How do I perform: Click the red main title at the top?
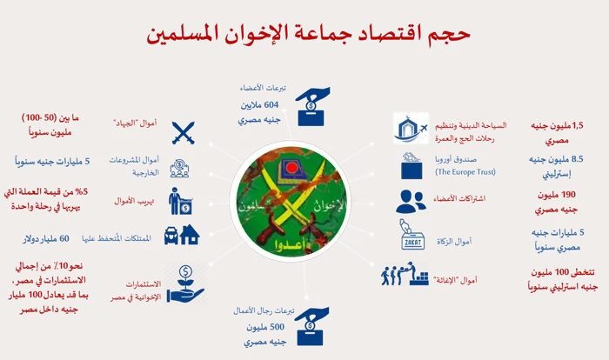point(308,34)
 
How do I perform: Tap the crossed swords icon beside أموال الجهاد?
point(183,133)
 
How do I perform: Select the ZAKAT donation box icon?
point(412,235)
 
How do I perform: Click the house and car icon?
point(182,235)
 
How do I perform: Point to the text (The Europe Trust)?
point(465,171)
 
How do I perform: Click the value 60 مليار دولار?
point(46,239)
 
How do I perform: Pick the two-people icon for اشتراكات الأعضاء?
point(411,201)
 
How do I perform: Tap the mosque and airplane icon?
point(411,129)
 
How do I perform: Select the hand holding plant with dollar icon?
point(185,283)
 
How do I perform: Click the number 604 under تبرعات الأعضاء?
point(271,105)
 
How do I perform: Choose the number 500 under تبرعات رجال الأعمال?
point(277,327)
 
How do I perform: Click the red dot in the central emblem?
point(291,168)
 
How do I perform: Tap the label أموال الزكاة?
point(453,242)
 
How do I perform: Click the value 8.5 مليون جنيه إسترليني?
point(556,167)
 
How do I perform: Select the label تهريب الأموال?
point(134,201)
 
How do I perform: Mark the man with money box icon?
point(181,201)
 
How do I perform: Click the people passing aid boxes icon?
point(405,274)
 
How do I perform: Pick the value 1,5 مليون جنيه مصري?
point(557,133)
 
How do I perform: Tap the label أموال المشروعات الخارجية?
point(134,166)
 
